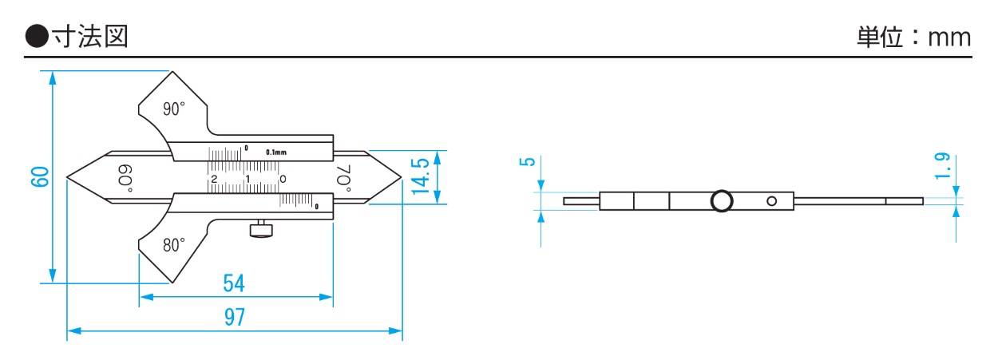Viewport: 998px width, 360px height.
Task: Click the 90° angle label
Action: pyautogui.click(x=173, y=109)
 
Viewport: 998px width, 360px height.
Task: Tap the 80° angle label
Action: pyautogui.click(x=173, y=245)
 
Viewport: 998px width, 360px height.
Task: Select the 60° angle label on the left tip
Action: pyautogui.click(x=125, y=178)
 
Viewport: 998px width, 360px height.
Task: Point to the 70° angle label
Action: pyautogui.click(x=343, y=178)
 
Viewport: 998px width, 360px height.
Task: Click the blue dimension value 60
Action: pyautogui.click(x=40, y=177)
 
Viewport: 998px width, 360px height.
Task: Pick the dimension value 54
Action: pyautogui.click(x=234, y=283)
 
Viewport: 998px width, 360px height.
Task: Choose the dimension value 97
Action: pyautogui.click(x=235, y=317)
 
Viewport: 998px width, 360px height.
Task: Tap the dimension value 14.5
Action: pyautogui.click(x=421, y=176)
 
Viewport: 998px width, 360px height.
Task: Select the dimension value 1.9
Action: pyautogui.click(x=943, y=166)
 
